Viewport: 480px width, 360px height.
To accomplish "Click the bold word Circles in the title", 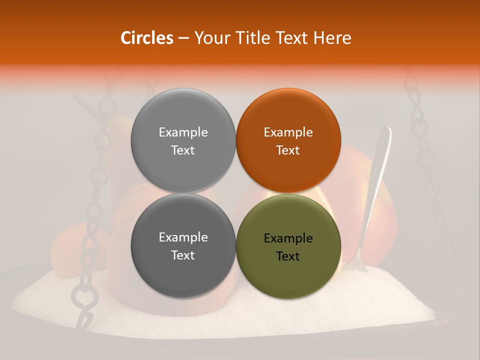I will tap(146, 38).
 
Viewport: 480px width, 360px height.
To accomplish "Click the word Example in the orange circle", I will tap(288, 132).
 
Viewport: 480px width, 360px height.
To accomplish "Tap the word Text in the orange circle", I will tap(288, 150).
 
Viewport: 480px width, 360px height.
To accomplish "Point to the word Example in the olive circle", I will tap(288, 238).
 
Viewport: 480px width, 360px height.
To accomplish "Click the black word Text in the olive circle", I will tap(288, 256).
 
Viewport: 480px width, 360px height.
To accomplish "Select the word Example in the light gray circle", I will tap(183, 132).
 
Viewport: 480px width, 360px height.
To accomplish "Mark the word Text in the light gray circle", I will tap(183, 150).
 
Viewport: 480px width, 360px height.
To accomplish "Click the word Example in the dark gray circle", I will tap(183, 237).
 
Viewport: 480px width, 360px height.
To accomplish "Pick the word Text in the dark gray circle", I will tap(183, 255).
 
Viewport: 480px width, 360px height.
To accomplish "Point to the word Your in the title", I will tap(209, 38).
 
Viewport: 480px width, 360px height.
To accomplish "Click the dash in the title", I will tap(183, 38).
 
